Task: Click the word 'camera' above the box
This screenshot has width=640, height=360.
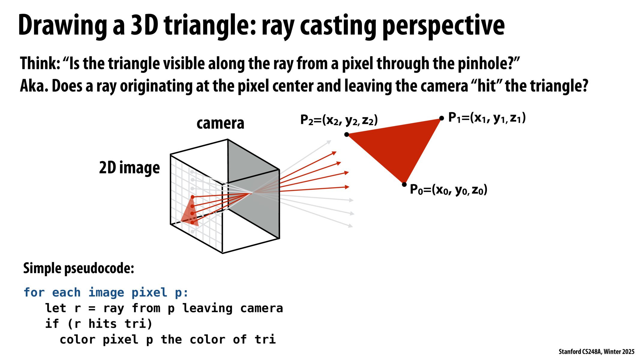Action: [220, 123]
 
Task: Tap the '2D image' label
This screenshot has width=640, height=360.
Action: [129, 168]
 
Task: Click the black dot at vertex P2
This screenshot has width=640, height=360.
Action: [347, 134]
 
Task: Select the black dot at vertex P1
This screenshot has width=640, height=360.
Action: [441, 118]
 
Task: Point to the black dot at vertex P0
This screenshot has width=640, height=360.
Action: [404, 184]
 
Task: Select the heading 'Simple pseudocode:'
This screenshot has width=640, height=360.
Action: [79, 268]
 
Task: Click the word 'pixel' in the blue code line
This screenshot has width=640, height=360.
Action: [149, 292]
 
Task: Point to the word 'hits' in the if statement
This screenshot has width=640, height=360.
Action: [102, 324]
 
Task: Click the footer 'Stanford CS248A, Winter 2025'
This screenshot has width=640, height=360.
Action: [596, 352]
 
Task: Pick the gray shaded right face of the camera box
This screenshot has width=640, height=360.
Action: [254, 189]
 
